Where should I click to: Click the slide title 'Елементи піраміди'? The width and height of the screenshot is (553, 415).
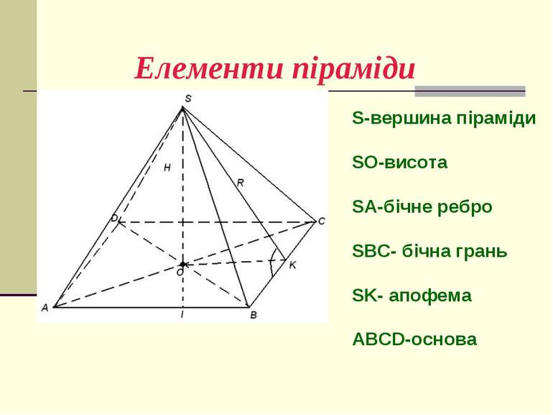click(x=275, y=69)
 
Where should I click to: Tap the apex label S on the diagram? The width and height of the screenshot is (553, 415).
click(x=188, y=98)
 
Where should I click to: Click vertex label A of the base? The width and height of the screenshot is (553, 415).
click(x=45, y=308)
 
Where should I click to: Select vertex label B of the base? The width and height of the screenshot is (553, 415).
click(x=253, y=314)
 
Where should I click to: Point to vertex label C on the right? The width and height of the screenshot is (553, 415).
click(x=322, y=222)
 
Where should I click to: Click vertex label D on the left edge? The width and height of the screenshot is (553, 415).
click(x=113, y=217)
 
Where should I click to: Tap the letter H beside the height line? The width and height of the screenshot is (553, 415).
click(x=167, y=168)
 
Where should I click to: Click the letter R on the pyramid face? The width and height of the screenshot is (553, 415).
click(x=240, y=183)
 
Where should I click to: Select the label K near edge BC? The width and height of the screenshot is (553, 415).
click(x=292, y=265)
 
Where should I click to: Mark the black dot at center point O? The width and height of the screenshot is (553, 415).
click(x=182, y=264)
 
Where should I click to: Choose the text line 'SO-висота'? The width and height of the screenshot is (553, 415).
click(x=400, y=163)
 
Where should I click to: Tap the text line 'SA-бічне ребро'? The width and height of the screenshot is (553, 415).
click(x=422, y=207)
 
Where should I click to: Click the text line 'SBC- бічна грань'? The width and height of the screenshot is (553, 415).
click(x=430, y=252)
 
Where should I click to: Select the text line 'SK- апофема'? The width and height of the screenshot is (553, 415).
click(x=412, y=296)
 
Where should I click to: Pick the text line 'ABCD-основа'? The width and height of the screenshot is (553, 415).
click(x=414, y=339)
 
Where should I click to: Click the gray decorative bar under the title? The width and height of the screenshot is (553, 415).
click(x=470, y=91)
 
